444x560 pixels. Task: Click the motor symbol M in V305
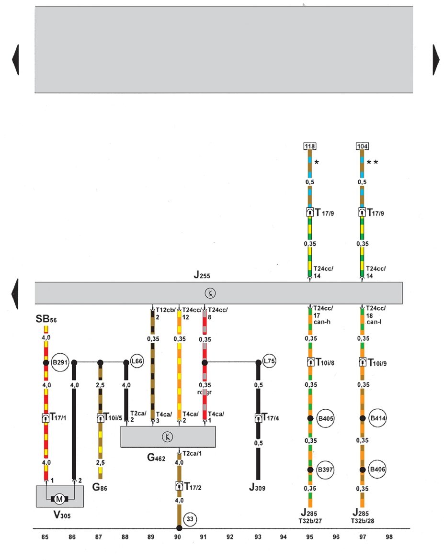[59, 499]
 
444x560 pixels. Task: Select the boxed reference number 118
[310, 146]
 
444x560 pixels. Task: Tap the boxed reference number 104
[363, 146]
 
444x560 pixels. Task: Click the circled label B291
[59, 362]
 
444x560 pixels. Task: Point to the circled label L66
[137, 362]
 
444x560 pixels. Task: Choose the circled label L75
[269, 362]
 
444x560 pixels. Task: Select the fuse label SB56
[46, 319]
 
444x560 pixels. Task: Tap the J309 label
[258, 488]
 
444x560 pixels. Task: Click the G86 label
[101, 488]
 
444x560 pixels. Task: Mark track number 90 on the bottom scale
[178, 537]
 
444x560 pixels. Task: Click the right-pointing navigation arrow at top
[437, 59]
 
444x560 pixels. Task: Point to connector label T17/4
[271, 418]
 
